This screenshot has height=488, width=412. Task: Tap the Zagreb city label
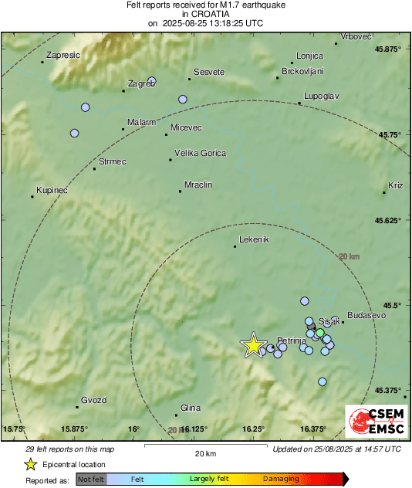141,83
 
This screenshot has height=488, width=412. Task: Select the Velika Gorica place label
201,153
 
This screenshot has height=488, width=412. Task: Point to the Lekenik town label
254,239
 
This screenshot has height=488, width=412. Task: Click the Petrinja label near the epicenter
292,340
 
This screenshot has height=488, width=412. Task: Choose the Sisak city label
329,320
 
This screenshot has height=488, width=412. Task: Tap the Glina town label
190,408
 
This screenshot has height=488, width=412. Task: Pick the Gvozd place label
93,399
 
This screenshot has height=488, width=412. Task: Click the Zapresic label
64,55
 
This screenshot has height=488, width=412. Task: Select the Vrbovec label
357,37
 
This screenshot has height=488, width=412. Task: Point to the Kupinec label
52,190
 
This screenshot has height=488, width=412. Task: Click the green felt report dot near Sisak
320,332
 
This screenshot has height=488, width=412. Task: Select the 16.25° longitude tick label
253,429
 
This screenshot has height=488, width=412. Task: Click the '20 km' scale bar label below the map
204,452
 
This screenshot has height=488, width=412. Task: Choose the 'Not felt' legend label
92,480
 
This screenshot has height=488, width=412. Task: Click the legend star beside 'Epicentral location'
30,464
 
